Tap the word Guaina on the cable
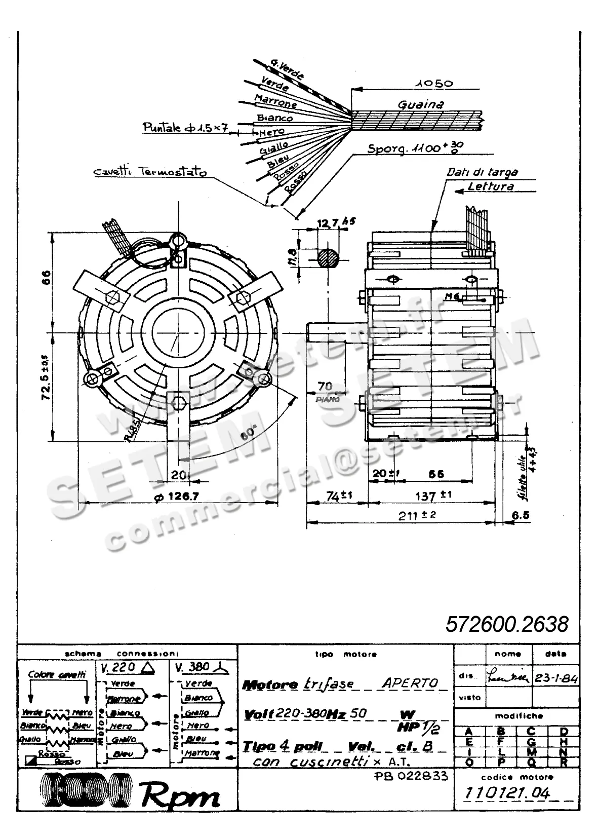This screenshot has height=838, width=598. coord(420,104)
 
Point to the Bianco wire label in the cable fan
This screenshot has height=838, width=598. coord(274,118)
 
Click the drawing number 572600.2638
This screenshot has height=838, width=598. coord(507,624)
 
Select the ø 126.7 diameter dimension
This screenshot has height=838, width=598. coord(176,497)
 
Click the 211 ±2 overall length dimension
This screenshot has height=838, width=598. coord(417,515)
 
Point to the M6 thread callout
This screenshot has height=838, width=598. coord(451,296)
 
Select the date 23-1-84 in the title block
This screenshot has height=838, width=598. coord(556,678)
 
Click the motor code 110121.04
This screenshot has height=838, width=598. coord(507,793)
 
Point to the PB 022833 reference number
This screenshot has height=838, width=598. coord(411,776)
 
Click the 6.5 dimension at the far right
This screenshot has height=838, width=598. coord(520,515)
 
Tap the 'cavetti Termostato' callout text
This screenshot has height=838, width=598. coord(150,172)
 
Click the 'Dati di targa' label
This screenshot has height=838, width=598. coord(482,172)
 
